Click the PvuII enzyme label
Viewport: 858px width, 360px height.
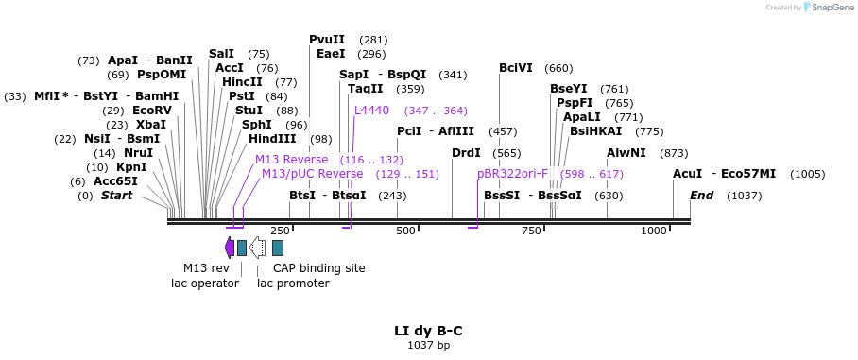coord(327,40)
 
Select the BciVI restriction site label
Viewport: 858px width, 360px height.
coord(516,68)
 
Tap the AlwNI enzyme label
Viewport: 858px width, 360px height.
coord(626,153)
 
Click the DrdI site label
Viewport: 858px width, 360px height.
coord(466,153)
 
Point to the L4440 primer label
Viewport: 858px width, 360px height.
coord(371,111)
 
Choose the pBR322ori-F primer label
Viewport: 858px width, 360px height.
coord(512,174)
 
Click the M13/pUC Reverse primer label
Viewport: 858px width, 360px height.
coord(312,174)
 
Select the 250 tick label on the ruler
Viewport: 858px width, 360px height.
coord(280,231)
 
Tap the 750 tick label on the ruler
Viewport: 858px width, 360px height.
coord(531,231)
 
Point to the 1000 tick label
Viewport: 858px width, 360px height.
coord(654,231)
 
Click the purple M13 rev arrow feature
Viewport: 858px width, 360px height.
coord(229,248)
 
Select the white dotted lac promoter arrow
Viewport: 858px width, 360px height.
coord(257,248)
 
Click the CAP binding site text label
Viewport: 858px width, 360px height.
coord(318,268)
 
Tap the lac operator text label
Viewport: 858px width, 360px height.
coord(205,283)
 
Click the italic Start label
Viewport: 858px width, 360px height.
coord(116,196)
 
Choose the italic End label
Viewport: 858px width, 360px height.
coord(701,196)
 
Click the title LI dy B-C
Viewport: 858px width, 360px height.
coord(428,331)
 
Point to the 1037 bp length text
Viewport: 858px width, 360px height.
coord(428,346)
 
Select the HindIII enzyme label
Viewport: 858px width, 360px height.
coord(272,139)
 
